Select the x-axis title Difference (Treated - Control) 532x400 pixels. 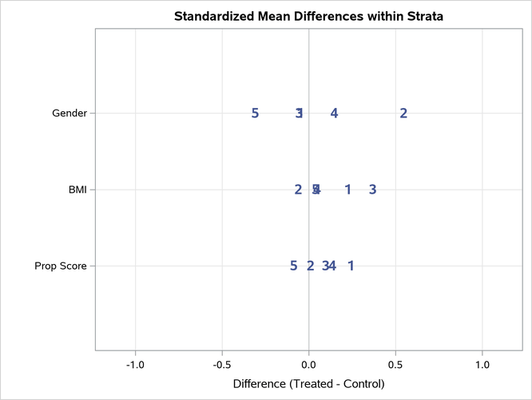[x=308, y=384]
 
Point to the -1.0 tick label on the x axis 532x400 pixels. [x=135, y=365]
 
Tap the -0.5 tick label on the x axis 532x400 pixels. [x=221, y=365]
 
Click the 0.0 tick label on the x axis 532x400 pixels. [x=308, y=365]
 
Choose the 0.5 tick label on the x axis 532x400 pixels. [x=395, y=365]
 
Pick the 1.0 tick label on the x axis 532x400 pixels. [x=482, y=365]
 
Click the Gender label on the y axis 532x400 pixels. [x=69, y=114]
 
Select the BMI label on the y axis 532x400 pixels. [x=77, y=190]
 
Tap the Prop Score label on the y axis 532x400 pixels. [x=61, y=266]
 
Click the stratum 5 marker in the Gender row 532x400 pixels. [x=255, y=114]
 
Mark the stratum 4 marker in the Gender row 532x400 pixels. [x=334, y=114]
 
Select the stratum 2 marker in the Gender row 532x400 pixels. [x=403, y=114]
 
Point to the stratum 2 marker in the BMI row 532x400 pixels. [x=298, y=190]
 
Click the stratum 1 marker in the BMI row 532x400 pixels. [x=347, y=190]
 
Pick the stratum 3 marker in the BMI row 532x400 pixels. [x=372, y=190]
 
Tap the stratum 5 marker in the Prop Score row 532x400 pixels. [x=293, y=266]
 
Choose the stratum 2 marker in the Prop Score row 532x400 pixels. [x=310, y=266]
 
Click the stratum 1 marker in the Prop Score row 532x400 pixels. [x=351, y=266]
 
